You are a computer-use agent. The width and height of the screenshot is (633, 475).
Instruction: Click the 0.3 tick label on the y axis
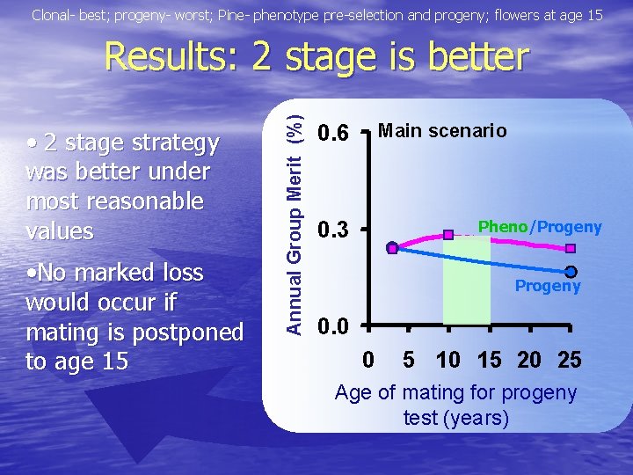pos(333,231)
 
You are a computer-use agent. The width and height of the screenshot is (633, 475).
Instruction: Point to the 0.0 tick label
pos(333,328)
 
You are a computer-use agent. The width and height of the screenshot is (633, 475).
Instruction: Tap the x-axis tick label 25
pos(570,360)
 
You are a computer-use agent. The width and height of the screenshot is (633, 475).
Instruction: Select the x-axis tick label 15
pos(489,360)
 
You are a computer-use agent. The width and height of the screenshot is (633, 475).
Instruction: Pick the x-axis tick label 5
pos(409,360)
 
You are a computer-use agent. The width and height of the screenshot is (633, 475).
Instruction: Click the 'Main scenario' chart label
pos(442,131)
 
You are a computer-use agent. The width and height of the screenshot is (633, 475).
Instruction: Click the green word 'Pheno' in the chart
pos(501,227)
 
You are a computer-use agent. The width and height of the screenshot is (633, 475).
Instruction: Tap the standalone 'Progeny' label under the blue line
pos(548,286)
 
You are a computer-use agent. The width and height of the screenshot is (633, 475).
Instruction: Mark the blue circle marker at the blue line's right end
pos(571,272)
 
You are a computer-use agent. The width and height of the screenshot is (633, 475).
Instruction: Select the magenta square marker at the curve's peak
pos(448,235)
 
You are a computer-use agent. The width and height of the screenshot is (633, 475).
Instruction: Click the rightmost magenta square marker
pos(571,249)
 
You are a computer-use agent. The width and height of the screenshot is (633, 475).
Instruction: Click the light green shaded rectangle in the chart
pos(466,281)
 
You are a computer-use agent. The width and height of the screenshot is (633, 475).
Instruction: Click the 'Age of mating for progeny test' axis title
pos(455,405)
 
